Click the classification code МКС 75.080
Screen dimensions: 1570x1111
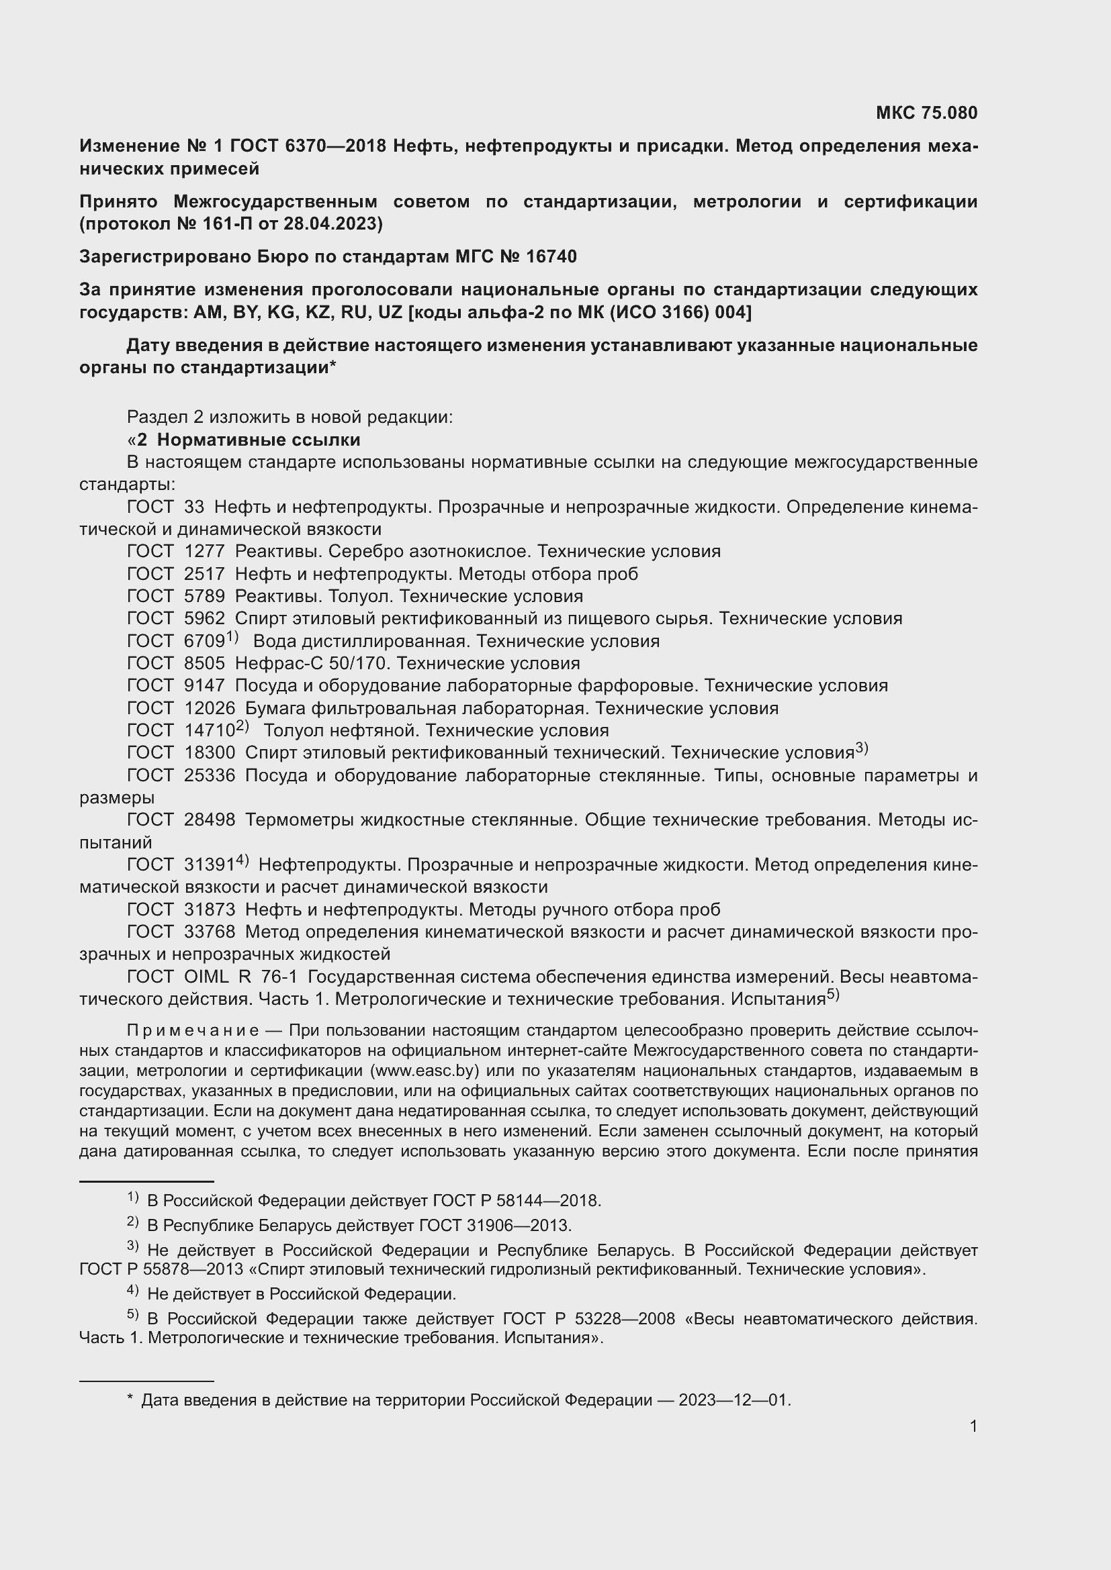pyautogui.click(x=926, y=113)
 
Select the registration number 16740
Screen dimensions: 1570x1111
pyautogui.click(x=551, y=256)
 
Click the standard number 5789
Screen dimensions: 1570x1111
pyautogui.click(x=205, y=596)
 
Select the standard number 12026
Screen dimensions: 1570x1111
pyautogui.click(x=210, y=708)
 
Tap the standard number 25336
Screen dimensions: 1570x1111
pyautogui.click(x=210, y=775)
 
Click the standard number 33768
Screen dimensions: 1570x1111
pyautogui.click(x=210, y=932)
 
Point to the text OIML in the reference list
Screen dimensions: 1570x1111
pyautogui.click(x=206, y=977)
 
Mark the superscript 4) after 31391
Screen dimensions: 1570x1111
pyautogui.click(x=242, y=861)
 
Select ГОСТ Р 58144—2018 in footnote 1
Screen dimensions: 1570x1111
pyautogui.click(x=516, y=1201)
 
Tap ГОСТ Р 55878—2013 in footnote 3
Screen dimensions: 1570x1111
pyautogui.click(x=161, y=1269)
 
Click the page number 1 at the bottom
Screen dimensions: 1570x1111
pyautogui.click(x=973, y=1426)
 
